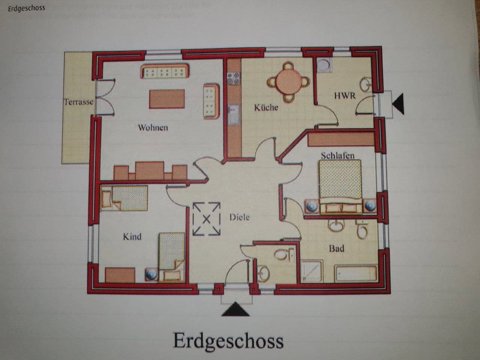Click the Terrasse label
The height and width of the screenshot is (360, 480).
[x=78, y=102]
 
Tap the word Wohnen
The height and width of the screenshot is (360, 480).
[x=153, y=127]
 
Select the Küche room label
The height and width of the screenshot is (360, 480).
[x=266, y=108]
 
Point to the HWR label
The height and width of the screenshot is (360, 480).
[x=345, y=96]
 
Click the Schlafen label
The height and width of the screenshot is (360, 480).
[x=337, y=155]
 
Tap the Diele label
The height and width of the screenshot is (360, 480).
[x=239, y=217]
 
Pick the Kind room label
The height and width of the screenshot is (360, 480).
[x=132, y=237]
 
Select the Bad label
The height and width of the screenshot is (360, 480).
[x=336, y=248]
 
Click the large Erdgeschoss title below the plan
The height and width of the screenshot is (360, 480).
[x=228, y=340]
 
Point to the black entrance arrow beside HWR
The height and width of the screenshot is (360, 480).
[x=398, y=104]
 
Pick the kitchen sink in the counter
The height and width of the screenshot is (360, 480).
[x=233, y=114]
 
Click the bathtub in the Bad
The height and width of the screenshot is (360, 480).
[x=355, y=274]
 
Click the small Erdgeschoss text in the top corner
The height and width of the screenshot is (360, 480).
[x=26, y=8]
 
